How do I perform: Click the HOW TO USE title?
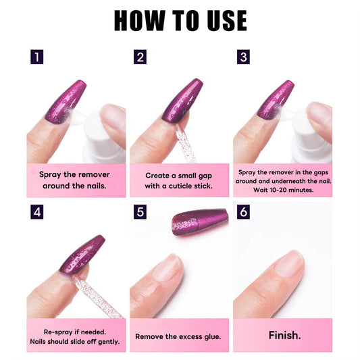click(x=180, y=21)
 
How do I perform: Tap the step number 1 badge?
click(x=36, y=57)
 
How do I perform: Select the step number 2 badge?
click(x=140, y=57)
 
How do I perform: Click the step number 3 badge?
click(x=243, y=57)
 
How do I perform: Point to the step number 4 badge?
click(x=36, y=213)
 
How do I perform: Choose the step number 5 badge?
click(x=140, y=213)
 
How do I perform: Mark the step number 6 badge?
click(x=243, y=213)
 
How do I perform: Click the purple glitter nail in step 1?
click(x=66, y=102)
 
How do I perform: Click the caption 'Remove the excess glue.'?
click(x=179, y=336)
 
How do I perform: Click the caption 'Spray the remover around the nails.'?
click(x=76, y=180)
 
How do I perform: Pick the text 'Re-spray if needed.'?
click(x=76, y=330)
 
